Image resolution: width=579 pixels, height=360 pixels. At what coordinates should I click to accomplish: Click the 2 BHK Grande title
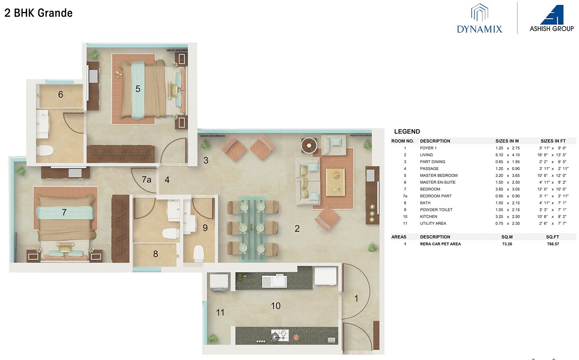pos(39,13)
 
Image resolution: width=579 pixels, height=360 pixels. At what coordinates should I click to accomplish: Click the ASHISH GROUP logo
pos(552,19)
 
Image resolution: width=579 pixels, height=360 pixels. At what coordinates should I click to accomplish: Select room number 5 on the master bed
pos(138,89)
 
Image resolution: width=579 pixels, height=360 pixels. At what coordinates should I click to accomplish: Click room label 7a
pos(147,180)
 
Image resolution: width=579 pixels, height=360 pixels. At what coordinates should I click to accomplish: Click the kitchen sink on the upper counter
pos(274,281)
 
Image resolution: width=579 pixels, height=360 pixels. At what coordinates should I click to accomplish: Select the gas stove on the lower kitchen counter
pos(280,335)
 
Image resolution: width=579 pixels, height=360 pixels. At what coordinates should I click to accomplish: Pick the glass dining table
pos(252,228)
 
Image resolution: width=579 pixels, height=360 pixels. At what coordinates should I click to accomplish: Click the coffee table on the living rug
pos(336,182)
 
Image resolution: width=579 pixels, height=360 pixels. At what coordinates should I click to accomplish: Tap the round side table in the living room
pos(309,146)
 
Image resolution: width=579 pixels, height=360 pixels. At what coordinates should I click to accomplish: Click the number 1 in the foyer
pos(356,298)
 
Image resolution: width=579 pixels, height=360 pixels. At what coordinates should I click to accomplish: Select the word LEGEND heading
pos(407,132)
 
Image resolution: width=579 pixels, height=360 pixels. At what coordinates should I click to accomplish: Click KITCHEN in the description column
pos(428,216)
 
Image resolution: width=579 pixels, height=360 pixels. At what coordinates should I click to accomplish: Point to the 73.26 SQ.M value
pos(507,244)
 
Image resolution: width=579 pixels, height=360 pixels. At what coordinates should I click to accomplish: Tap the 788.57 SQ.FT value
pos(553,244)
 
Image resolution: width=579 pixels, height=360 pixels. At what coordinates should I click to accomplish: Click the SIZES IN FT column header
pos(553,141)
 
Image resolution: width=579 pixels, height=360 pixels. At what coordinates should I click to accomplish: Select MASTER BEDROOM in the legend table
pos(438,175)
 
